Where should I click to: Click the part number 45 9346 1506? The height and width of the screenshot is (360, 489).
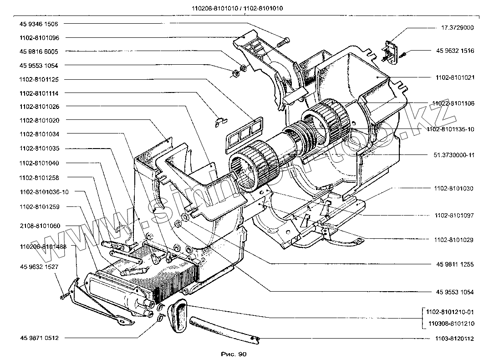(x=42, y=23)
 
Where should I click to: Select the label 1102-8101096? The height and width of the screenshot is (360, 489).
(x=42, y=37)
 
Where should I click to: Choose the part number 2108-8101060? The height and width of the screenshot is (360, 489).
(x=42, y=226)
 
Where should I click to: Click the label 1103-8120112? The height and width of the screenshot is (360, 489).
(x=451, y=339)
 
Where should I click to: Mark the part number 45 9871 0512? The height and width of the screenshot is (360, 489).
(x=42, y=338)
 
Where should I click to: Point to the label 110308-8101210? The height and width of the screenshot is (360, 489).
(x=451, y=324)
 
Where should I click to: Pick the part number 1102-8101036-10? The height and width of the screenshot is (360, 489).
(x=44, y=192)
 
